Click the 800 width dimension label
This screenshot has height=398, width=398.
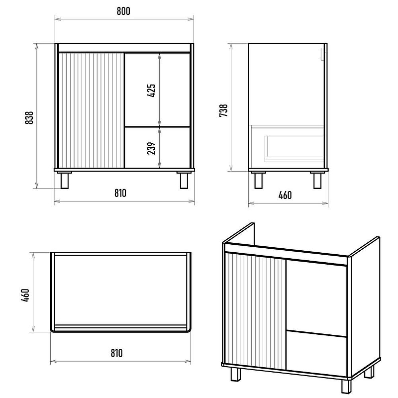click(x=123, y=11)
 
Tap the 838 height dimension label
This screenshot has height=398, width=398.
click(x=29, y=117)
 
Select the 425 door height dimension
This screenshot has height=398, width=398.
click(x=151, y=91)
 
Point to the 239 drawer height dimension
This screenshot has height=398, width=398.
click(x=151, y=148)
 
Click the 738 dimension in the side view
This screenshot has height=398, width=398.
click(x=223, y=110)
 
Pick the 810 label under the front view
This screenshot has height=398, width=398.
click(x=120, y=193)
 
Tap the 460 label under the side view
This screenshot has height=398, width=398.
click(x=285, y=195)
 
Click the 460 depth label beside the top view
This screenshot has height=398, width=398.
click(x=25, y=295)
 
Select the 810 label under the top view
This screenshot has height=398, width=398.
click(x=116, y=353)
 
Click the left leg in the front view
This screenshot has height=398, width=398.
click(x=65, y=181)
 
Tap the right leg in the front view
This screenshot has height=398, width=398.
click(x=184, y=181)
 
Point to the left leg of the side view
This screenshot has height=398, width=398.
click(x=258, y=181)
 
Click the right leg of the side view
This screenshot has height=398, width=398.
click(x=317, y=181)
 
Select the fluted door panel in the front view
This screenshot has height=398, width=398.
click(x=91, y=110)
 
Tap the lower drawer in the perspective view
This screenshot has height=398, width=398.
click(x=316, y=353)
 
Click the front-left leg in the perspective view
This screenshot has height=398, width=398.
click(x=236, y=374)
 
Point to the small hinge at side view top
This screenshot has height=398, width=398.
click(x=323, y=54)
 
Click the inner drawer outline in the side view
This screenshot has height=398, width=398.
click(x=295, y=149)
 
